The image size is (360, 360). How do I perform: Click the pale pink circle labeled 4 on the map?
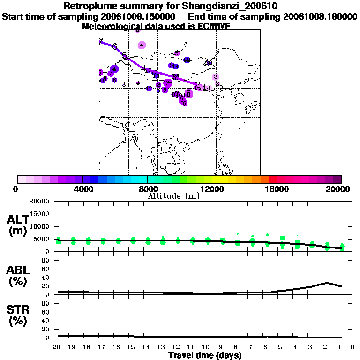(x=142, y=45)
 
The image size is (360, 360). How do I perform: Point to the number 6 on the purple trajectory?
(x=114, y=46)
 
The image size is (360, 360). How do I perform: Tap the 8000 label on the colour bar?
(x=147, y=189)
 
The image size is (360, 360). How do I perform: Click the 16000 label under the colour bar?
(x=277, y=189)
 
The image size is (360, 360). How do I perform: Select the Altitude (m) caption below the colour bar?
(x=174, y=196)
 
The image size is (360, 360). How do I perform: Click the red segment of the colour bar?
(x=273, y=179)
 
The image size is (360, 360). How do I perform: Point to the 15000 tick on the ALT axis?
(x=40, y=214)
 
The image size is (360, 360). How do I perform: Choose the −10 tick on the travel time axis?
(x=205, y=347)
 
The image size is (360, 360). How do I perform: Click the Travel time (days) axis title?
(x=205, y=356)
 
